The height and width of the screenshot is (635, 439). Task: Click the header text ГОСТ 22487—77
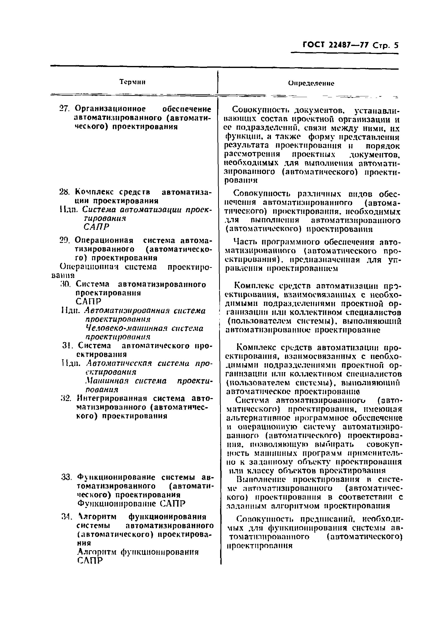(335, 45)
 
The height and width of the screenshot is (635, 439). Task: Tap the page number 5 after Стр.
(396, 45)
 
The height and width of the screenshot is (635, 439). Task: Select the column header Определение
(311, 84)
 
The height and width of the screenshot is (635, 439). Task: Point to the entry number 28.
(65, 192)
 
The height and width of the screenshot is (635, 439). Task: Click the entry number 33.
(66, 477)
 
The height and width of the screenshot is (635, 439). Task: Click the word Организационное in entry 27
(110, 109)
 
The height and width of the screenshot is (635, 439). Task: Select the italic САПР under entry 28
(96, 227)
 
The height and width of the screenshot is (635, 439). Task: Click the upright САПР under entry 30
(89, 301)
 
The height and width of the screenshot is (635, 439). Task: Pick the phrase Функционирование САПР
(132, 503)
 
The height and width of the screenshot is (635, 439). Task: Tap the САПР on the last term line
(90, 561)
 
